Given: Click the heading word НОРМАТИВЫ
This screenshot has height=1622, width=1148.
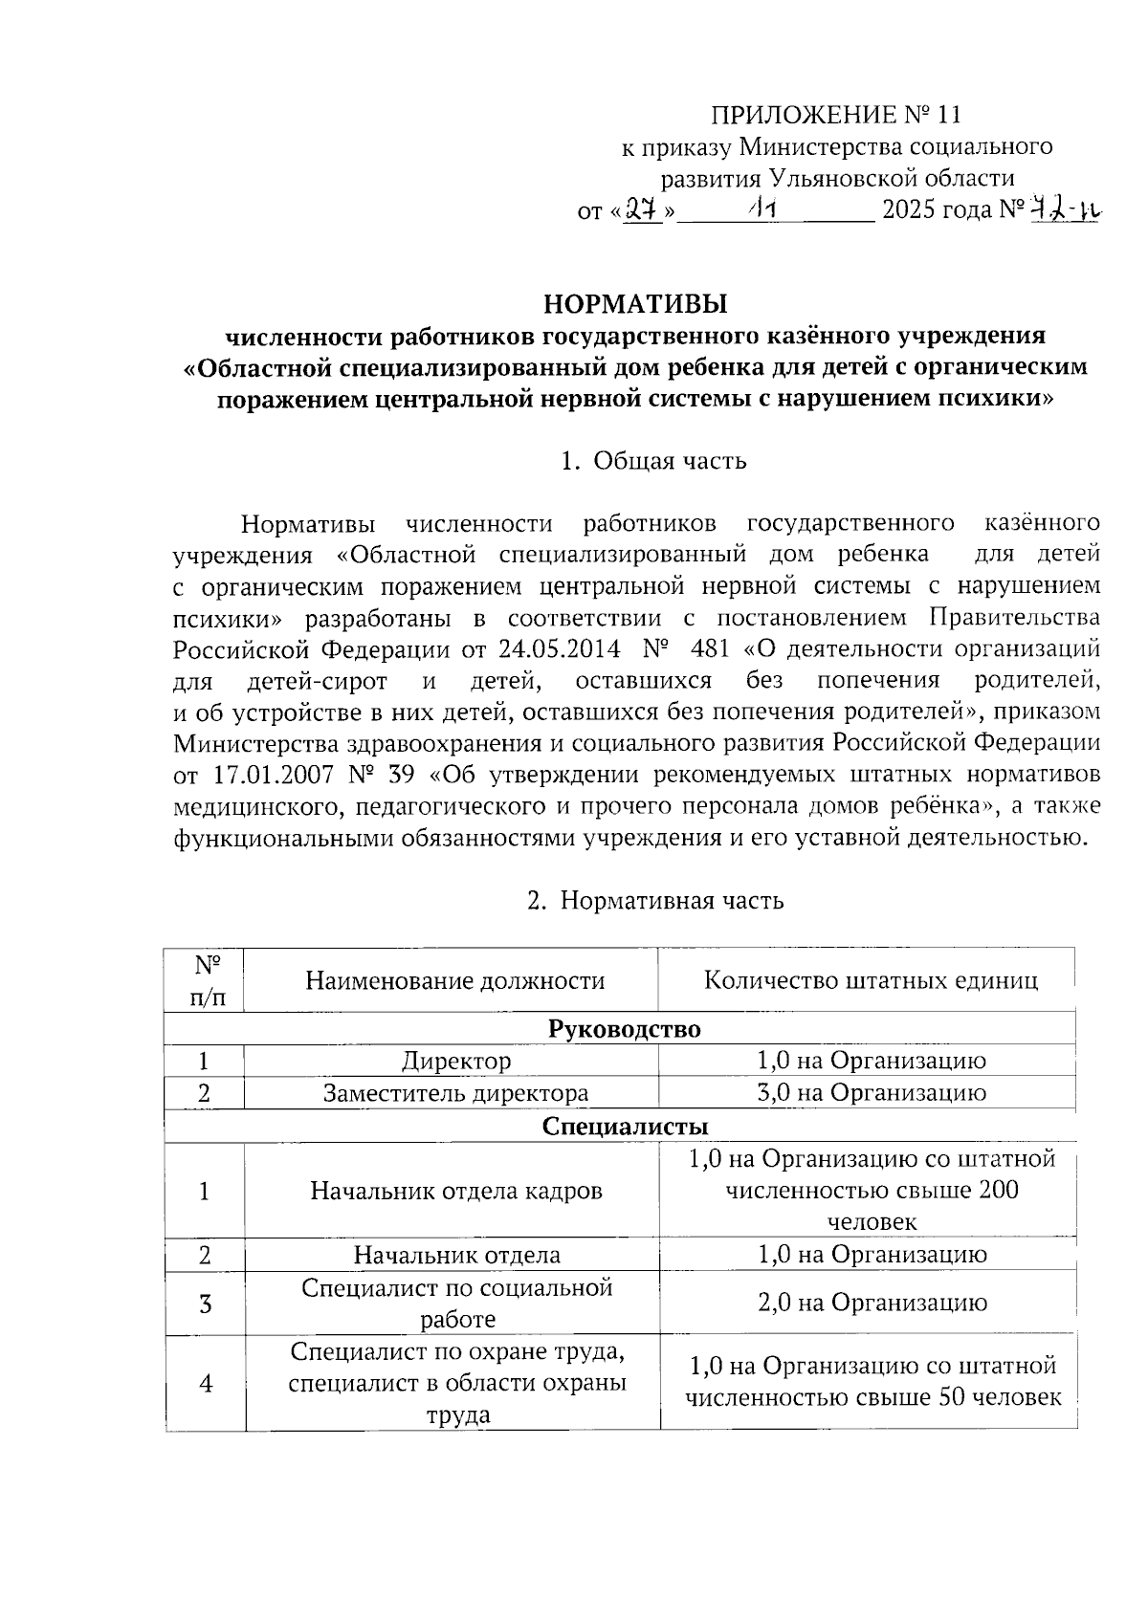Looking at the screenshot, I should [636, 305].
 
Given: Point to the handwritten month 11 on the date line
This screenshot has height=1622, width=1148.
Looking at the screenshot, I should [762, 208].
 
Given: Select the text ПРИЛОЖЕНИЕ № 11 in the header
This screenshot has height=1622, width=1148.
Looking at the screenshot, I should [834, 116].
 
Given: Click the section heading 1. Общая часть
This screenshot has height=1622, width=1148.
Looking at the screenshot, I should [653, 461].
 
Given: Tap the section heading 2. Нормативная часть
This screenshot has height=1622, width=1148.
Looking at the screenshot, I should [655, 900].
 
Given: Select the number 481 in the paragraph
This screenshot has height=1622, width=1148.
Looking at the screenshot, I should [709, 649].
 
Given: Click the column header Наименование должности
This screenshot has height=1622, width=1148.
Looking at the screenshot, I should [455, 980].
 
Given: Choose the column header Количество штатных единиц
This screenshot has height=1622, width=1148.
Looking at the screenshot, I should [871, 980].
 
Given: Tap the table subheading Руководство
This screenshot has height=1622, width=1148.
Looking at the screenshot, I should [624, 1029].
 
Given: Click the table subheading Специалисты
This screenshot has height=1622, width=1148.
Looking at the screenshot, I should [625, 1127].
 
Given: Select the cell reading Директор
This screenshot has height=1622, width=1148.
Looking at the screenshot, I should [456, 1061].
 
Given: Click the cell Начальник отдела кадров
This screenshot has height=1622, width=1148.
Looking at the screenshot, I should [456, 1192].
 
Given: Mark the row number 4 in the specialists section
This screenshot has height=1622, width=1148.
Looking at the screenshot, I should [205, 1384].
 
